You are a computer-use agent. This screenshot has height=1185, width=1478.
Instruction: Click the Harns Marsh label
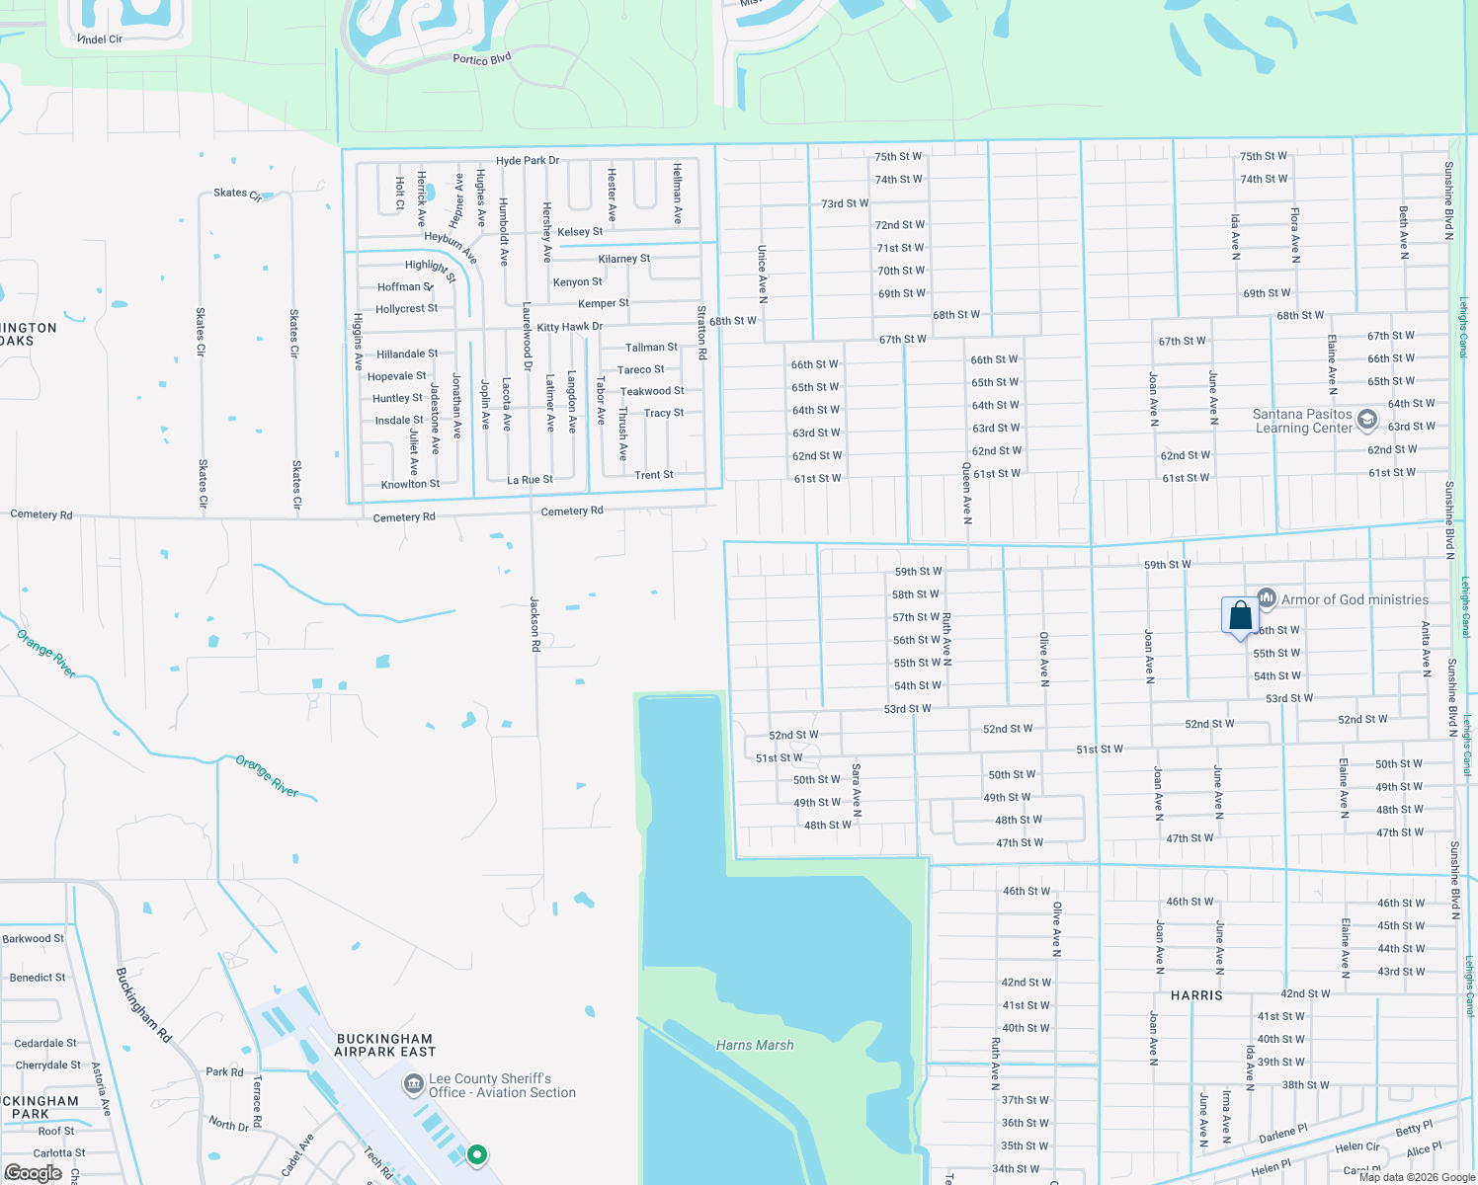click(755, 1045)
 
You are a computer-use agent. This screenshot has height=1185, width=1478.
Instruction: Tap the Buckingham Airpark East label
click(384, 1045)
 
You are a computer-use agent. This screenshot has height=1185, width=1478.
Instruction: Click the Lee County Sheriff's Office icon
click(414, 1085)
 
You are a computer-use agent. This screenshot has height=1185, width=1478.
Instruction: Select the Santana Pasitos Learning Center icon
click(1367, 420)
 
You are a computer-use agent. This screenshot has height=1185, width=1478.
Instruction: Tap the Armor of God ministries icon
click(1267, 599)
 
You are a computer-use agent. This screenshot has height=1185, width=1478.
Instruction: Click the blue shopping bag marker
click(1240, 616)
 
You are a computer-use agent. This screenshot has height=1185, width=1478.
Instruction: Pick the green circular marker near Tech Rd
click(477, 1154)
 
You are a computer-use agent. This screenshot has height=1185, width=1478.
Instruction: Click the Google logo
click(33, 1173)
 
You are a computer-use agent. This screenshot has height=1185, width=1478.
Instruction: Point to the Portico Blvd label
click(482, 59)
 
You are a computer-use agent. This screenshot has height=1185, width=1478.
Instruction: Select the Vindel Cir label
click(100, 39)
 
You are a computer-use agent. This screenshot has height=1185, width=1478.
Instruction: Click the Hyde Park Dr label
click(528, 160)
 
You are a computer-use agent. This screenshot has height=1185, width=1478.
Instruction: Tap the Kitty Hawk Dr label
click(569, 327)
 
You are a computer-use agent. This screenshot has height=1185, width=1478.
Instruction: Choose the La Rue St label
click(530, 480)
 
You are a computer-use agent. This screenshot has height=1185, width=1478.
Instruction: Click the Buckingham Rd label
click(143, 1004)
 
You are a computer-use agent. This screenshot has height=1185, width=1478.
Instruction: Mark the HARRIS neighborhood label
click(1196, 995)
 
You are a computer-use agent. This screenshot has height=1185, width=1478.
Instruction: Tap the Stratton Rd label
click(701, 332)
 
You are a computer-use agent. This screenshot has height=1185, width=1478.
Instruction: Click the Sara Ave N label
click(857, 789)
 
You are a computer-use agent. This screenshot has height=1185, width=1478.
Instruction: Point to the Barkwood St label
click(33, 938)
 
